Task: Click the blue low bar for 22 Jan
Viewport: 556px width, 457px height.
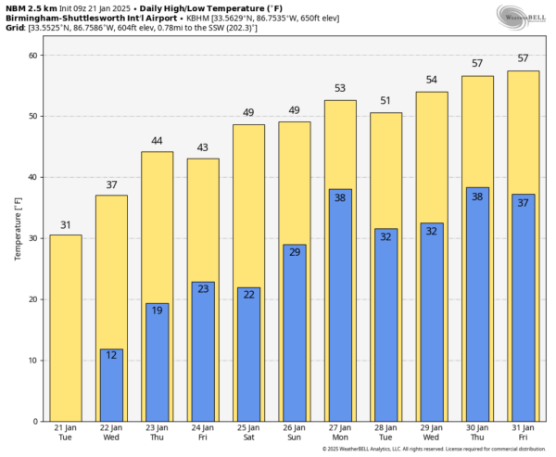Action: (x=111, y=385)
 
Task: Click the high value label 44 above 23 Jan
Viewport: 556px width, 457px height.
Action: (x=157, y=142)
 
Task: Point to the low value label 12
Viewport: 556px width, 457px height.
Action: (x=111, y=356)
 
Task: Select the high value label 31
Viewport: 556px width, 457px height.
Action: (x=65, y=225)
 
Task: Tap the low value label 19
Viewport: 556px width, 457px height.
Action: (x=157, y=311)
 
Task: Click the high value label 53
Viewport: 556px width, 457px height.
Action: (x=340, y=89)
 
